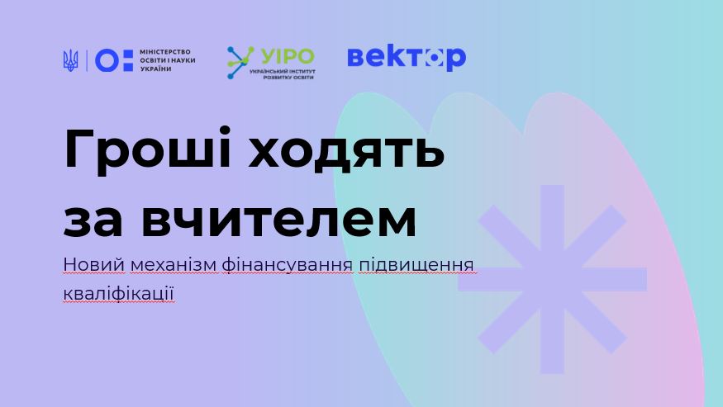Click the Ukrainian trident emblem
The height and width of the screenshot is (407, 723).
coord(70,60)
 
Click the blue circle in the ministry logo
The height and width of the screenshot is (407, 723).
coord(107,60)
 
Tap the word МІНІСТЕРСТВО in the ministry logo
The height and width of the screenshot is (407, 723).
coord(165,52)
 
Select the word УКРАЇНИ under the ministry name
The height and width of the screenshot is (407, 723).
coord(156,69)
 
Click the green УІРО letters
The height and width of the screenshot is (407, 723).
coord(288,57)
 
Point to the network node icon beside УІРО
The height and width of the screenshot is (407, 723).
coord(240,62)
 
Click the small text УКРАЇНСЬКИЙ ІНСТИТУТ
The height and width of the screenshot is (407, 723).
coord(283,72)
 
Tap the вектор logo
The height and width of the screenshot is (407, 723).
coord(407,58)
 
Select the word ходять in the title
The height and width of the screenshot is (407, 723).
coord(346,149)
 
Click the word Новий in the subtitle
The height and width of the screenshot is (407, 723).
coord(94,264)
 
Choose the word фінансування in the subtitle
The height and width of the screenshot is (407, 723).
coord(288,266)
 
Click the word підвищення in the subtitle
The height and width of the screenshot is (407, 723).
coord(416,266)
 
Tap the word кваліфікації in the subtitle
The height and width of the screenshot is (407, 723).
coord(119,294)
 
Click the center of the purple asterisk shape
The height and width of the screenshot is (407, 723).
coord(553,279)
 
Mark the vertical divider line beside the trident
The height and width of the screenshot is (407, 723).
coord(87,60)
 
